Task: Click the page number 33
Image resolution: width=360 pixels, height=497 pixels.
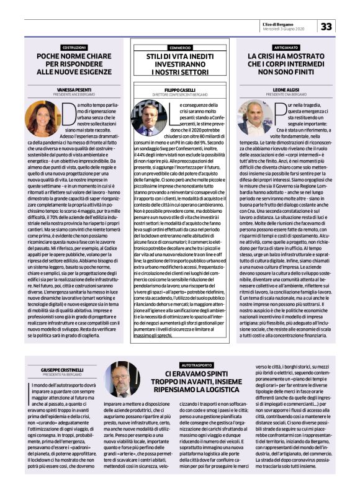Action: (x=343, y=26)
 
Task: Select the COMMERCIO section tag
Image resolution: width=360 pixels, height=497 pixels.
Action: (x=179, y=47)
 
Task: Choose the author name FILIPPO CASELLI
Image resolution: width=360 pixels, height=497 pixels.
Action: (x=179, y=89)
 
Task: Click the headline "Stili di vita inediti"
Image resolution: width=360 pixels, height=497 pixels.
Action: (x=179, y=64)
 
